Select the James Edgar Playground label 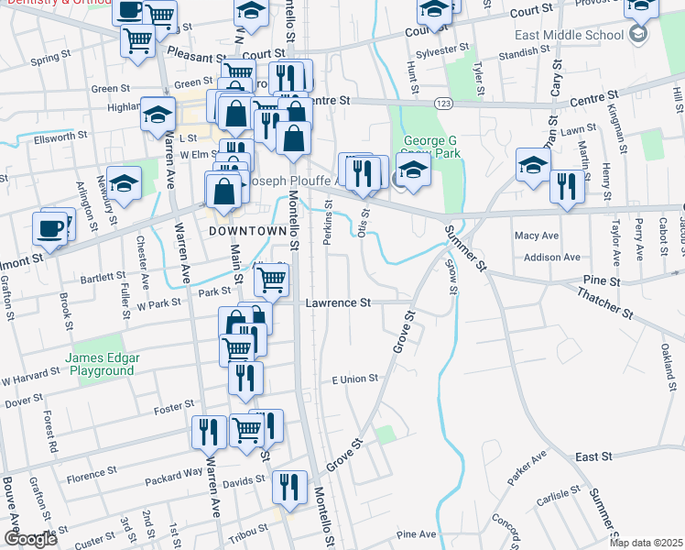100,364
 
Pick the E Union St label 354,379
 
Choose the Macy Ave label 536,236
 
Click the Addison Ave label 547,258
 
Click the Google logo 30,539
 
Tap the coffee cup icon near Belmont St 50,227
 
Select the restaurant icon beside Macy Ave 567,188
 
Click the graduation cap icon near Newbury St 124,182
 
